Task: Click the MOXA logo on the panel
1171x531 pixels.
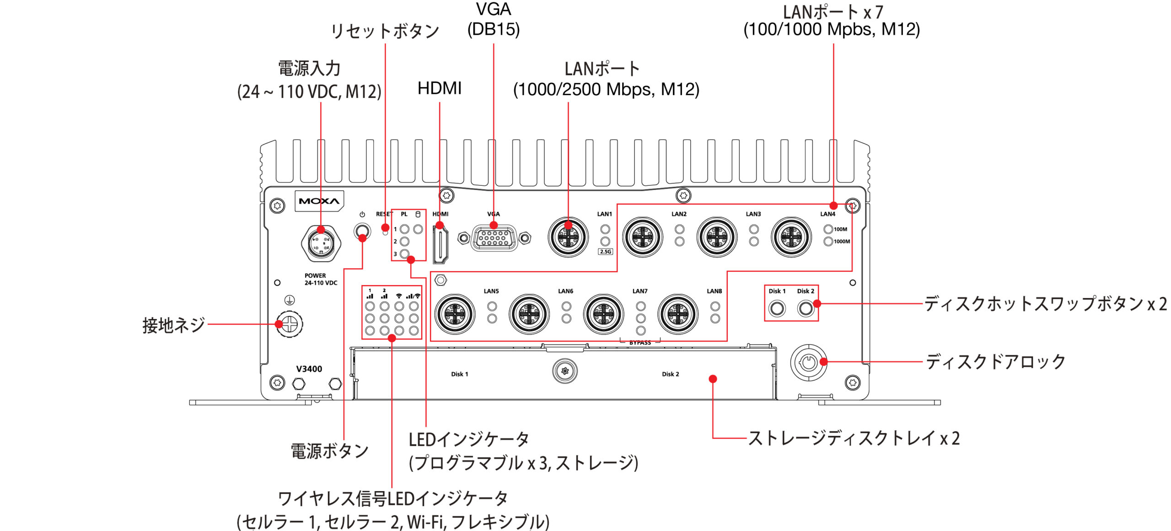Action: (x=319, y=201)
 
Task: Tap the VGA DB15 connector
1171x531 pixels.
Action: (x=494, y=238)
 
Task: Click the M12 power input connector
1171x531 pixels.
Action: (x=321, y=243)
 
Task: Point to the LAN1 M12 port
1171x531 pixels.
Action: (x=568, y=237)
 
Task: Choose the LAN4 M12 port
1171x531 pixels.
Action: (x=791, y=237)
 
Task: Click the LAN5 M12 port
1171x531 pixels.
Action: (x=455, y=314)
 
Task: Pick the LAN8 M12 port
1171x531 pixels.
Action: (x=678, y=314)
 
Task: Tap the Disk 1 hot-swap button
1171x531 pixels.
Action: (x=777, y=308)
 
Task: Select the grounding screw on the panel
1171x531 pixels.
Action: (x=289, y=324)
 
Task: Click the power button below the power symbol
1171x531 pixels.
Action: (x=362, y=230)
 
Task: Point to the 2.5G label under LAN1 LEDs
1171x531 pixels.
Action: (x=605, y=252)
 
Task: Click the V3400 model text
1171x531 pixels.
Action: (x=309, y=369)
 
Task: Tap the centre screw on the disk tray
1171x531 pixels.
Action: (x=565, y=371)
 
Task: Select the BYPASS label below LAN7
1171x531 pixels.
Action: (x=640, y=343)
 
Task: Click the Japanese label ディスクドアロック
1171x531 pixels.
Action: (x=996, y=362)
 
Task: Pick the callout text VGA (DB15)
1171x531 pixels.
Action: (x=494, y=20)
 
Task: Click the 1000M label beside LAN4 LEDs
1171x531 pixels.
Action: (x=842, y=242)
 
